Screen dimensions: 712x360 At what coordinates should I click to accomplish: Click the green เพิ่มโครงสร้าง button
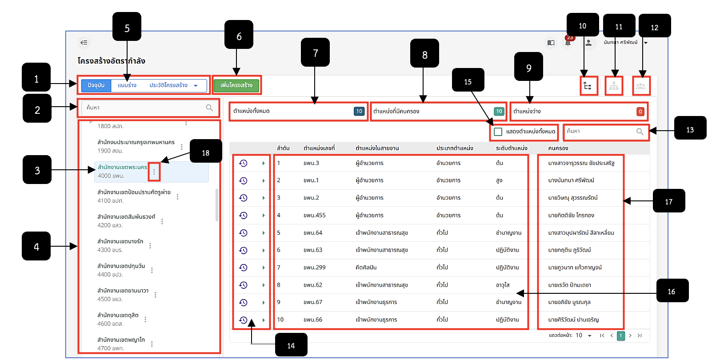tap(236, 85)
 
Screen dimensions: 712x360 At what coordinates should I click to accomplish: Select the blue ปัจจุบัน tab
tap(96, 85)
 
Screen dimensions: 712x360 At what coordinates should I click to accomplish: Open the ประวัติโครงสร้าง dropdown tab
tap(173, 85)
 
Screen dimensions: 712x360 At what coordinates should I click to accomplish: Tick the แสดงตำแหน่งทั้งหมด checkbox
tap(498, 132)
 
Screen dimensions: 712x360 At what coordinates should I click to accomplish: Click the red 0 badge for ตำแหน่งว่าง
tap(640, 112)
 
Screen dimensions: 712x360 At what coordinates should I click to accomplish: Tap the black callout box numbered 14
tap(291, 345)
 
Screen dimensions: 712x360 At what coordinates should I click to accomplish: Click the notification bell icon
tap(568, 43)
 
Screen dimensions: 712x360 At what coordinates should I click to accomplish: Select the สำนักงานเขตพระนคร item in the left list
tap(122, 171)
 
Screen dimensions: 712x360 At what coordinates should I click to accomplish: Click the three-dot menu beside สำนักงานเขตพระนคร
tap(154, 172)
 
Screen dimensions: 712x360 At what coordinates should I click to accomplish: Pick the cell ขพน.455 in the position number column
tap(314, 216)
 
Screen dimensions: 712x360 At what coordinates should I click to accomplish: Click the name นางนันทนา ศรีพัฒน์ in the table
tap(571, 180)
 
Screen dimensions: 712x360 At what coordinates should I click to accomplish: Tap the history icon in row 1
tap(243, 163)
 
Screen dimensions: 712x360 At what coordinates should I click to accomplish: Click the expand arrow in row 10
tap(264, 320)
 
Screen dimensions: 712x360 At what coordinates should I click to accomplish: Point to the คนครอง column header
tap(558, 148)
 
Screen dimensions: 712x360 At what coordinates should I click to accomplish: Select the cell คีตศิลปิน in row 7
tap(366, 268)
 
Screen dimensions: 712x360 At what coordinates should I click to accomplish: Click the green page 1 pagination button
tap(621, 336)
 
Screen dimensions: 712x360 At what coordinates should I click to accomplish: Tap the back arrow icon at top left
tap(84, 43)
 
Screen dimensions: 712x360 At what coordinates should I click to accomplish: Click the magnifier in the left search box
tap(209, 108)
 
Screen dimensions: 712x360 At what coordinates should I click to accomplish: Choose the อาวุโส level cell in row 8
tap(503, 285)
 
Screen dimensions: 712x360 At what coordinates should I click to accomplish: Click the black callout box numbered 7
tap(315, 52)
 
